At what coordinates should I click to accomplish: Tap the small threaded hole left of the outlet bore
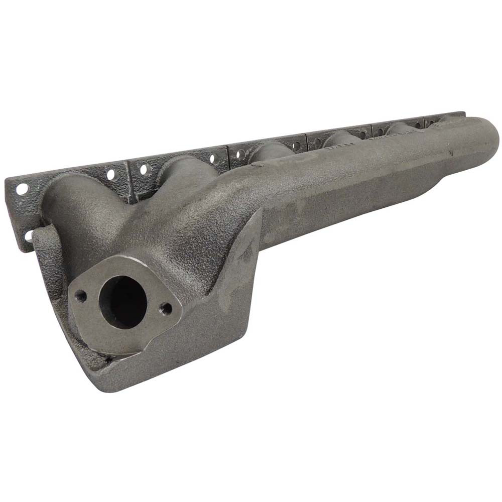click(80, 296)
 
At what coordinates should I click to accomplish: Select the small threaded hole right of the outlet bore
click(165, 309)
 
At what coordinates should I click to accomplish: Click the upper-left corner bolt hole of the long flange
click(22, 189)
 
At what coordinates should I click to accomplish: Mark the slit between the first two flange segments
click(129, 181)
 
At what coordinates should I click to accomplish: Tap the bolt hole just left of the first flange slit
click(111, 175)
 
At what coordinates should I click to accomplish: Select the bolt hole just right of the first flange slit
click(144, 170)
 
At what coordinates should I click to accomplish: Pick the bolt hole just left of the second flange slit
click(212, 158)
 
